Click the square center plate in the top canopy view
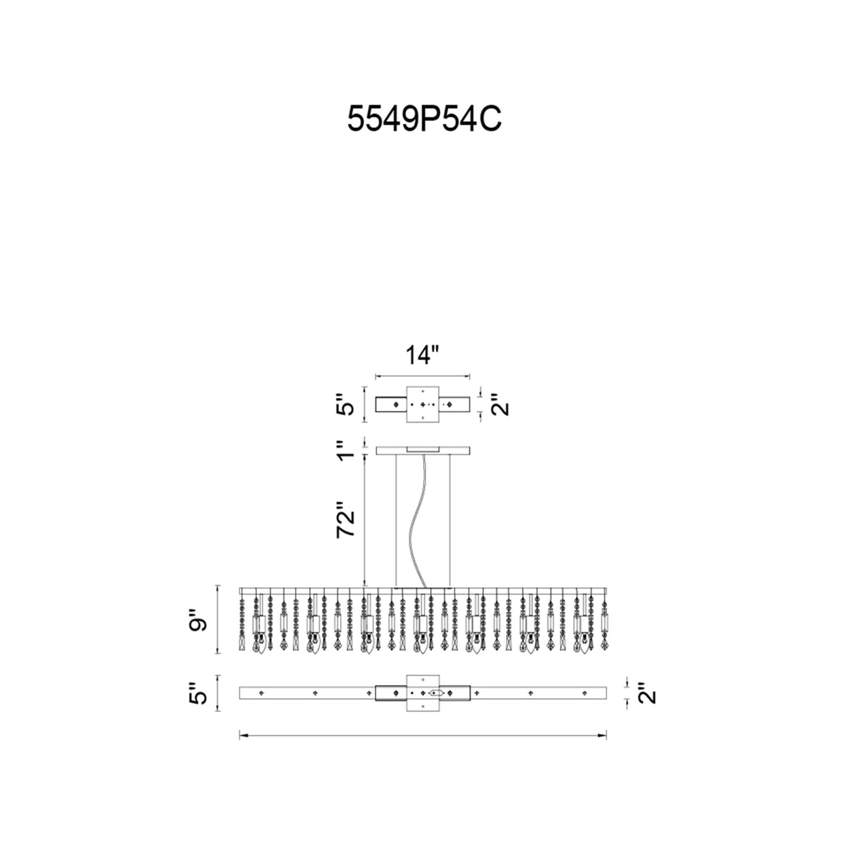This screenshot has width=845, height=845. click(422, 405)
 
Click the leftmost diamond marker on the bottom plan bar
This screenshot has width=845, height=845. click(261, 706)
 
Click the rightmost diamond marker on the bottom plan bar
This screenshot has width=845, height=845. click(584, 706)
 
